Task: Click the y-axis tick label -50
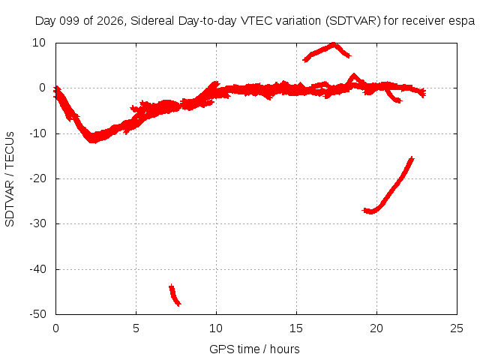click(x=38, y=314)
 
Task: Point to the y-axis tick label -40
click(x=38, y=269)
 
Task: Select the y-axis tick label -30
click(x=38, y=223)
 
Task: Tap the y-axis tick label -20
click(x=38, y=178)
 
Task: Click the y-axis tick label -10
click(x=38, y=133)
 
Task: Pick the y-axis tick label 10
click(x=39, y=43)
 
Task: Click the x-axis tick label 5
click(x=136, y=328)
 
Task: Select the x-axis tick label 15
click(x=296, y=328)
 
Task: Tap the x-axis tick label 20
click(x=376, y=328)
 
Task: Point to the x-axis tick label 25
click(x=457, y=328)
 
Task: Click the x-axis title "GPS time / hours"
click(x=254, y=349)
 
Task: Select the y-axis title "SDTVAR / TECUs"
click(x=10, y=179)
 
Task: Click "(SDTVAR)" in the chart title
click(x=353, y=21)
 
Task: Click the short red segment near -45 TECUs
click(x=175, y=295)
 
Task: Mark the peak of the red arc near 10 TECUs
click(x=334, y=44)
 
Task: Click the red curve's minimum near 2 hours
click(x=93, y=140)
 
